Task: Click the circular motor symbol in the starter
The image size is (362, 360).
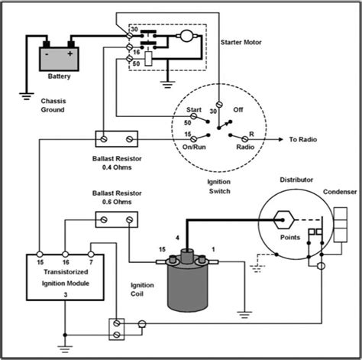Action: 185,35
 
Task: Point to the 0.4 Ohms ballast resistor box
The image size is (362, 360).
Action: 117,140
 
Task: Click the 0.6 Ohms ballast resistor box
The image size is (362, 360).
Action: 117,219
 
